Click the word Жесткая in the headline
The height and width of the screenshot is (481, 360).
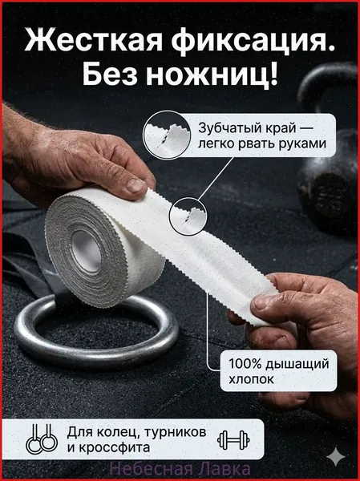[x=93, y=41]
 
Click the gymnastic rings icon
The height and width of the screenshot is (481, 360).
[x=42, y=439]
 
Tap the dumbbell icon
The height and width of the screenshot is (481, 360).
[x=233, y=440]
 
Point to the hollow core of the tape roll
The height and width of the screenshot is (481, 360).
[x=86, y=251]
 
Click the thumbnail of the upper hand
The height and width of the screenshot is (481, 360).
[x=136, y=185]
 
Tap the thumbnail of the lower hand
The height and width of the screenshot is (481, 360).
[x=261, y=303]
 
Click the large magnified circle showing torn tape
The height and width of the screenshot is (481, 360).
[x=167, y=135]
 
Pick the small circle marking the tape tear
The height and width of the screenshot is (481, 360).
[x=188, y=216]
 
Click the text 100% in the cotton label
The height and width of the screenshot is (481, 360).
[x=245, y=364]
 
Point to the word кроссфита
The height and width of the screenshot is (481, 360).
[x=115, y=448]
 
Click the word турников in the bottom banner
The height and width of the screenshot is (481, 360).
[x=175, y=432]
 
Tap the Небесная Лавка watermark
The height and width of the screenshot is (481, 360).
[x=180, y=469]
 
